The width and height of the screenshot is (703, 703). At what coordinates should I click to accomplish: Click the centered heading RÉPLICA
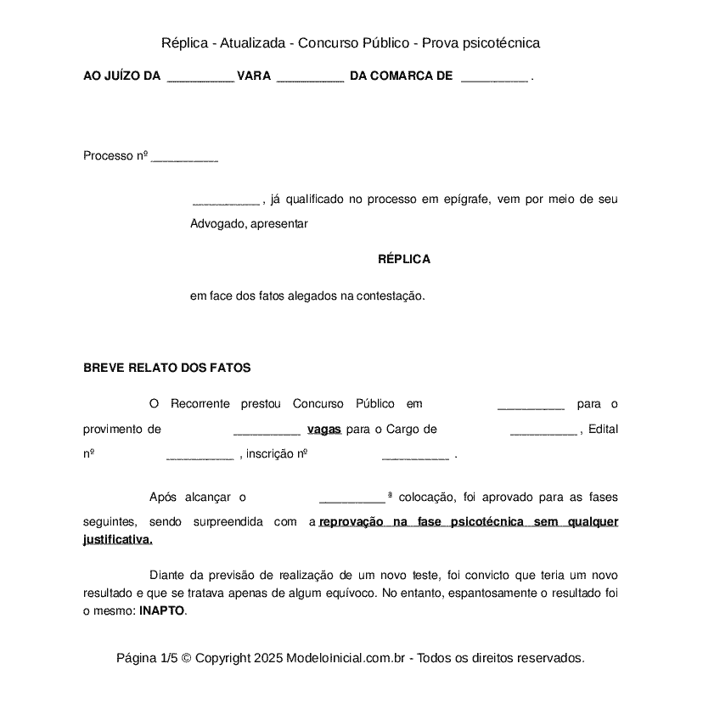404,260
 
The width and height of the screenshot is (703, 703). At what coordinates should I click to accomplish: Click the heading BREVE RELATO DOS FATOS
166,368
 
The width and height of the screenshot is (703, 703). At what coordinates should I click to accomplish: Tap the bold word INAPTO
161,611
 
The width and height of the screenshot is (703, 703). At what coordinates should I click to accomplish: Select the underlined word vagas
324,430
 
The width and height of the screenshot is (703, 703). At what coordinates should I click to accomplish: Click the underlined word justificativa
118,539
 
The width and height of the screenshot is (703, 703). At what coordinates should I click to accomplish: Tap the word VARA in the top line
254,76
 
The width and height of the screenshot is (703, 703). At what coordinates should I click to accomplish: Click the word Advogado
217,225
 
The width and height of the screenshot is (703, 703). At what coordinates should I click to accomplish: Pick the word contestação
387,297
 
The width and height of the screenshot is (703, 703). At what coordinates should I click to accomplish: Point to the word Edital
603,430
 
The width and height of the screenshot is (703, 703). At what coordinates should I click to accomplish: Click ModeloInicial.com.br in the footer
348,658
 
